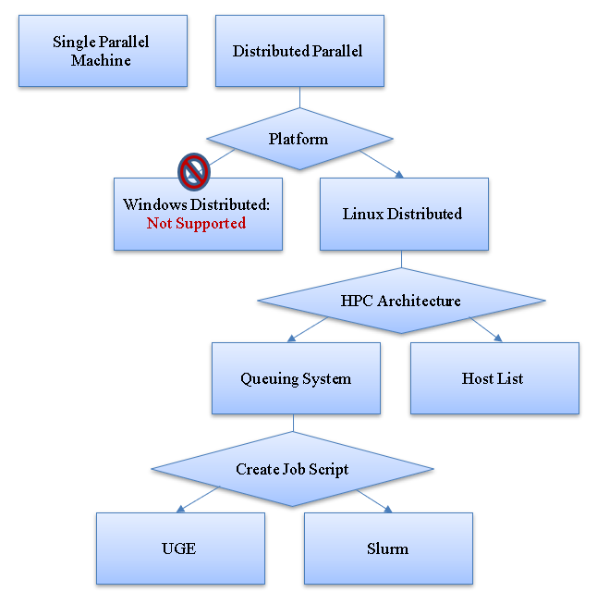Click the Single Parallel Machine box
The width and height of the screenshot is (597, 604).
(103, 51)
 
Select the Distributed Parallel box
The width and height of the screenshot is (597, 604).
(299, 51)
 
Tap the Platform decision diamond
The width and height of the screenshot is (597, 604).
(298, 139)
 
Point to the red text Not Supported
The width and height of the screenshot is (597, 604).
(197, 223)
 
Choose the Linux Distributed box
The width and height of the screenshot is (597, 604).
(403, 214)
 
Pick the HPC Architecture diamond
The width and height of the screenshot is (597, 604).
(401, 301)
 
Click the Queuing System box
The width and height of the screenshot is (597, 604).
(296, 378)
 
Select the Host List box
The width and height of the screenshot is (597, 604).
(493, 378)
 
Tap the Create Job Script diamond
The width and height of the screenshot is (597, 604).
(292, 469)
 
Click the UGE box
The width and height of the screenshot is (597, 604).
(179, 548)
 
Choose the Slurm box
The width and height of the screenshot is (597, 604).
(387, 548)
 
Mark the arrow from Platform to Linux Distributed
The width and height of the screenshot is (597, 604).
(381, 164)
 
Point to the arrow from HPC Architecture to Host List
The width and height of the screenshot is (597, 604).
(485, 329)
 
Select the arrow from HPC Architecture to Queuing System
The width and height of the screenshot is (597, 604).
(309, 329)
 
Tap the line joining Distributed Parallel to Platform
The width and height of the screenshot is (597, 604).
(299, 98)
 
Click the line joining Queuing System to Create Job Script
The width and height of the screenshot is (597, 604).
(293, 423)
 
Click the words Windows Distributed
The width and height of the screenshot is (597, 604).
(197, 204)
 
